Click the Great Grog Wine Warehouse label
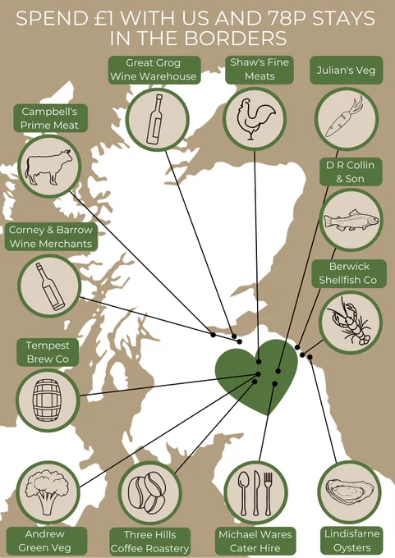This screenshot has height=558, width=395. coord(154,70)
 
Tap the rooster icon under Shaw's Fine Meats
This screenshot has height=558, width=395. coord(255,118)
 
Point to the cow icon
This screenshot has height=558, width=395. coord(48,167)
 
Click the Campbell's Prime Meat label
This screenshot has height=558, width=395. coord(50,118)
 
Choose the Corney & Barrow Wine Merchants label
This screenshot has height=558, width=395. coord(51,237)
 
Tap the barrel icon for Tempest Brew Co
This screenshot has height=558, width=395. coord(47,400)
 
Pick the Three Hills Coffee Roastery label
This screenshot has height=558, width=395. coord(150,542)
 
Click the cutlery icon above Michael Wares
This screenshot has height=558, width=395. coord(255,494)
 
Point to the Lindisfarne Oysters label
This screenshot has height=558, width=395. coord(352,541)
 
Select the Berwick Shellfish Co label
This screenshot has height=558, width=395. coord(349,273)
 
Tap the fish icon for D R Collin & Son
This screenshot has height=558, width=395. coord(351,220)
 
